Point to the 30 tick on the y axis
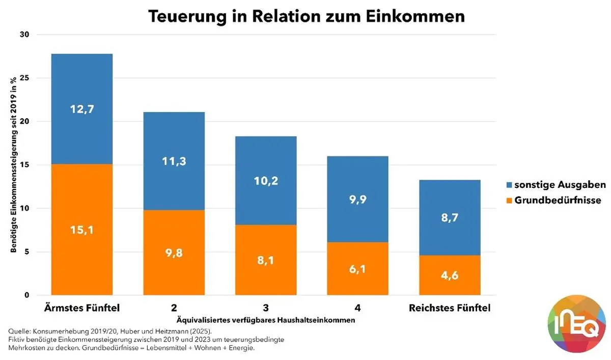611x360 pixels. coord(25,35)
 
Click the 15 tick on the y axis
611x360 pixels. coord(25,165)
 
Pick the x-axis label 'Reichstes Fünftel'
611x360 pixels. coord(450,308)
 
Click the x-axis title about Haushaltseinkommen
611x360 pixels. coord(265,320)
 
